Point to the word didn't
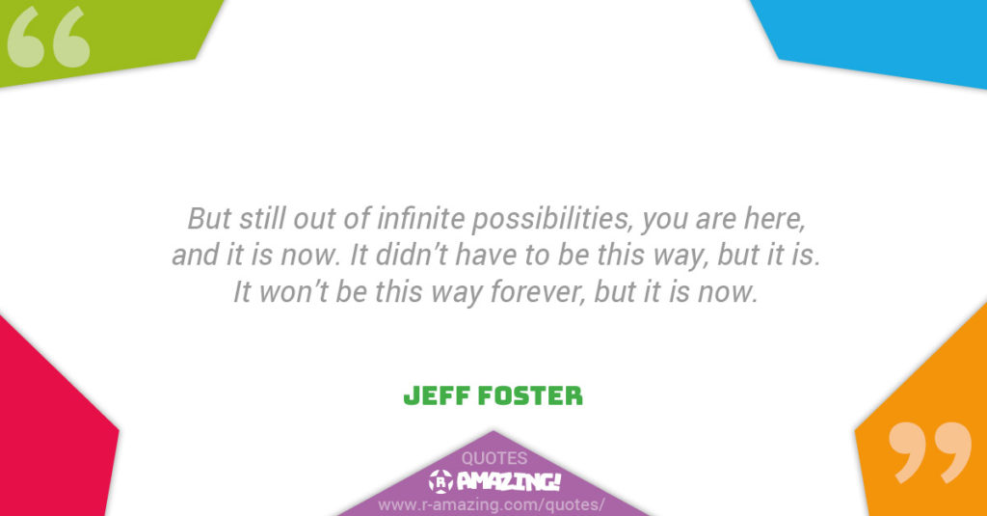411,256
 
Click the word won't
293,292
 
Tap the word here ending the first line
775,219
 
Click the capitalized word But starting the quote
209,219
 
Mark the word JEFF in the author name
437,396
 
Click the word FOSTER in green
530,396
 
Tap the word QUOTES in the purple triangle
494,458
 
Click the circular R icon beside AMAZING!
440,482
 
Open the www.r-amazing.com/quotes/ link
491,504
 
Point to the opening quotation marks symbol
48,38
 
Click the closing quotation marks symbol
930,451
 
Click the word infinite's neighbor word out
314,219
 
